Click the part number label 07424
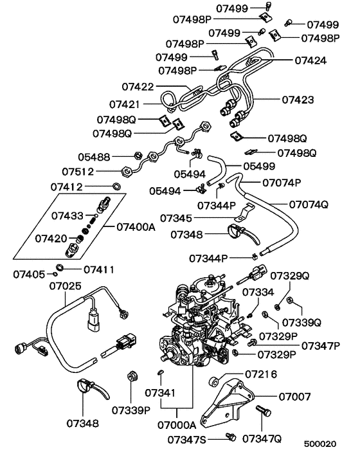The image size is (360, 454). click(x=310, y=61)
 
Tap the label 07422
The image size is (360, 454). click(x=138, y=86)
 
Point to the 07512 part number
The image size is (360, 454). click(x=78, y=172)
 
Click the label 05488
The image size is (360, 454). click(x=94, y=156)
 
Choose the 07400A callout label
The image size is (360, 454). click(x=137, y=227)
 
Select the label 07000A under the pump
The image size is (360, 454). click(x=176, y=425)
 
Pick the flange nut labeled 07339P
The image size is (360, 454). click(x=132, y=376)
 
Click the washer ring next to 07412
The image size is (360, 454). click(x=116, y=187)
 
